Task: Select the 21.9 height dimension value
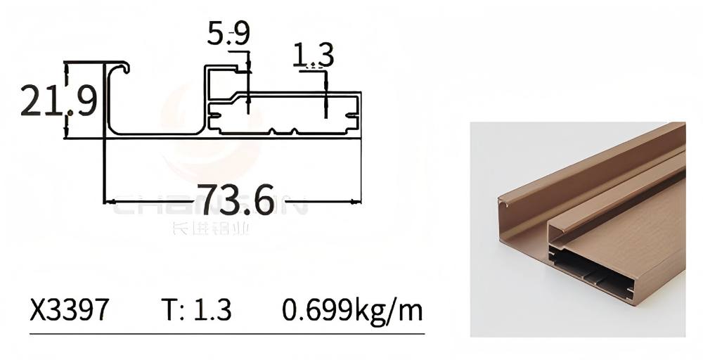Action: [58, 100]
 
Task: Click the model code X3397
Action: [69, 309]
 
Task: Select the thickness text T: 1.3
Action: [196, 309]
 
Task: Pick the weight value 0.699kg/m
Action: [353, 309]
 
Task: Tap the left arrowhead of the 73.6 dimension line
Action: [109, 202]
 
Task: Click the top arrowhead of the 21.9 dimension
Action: [67, 67]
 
